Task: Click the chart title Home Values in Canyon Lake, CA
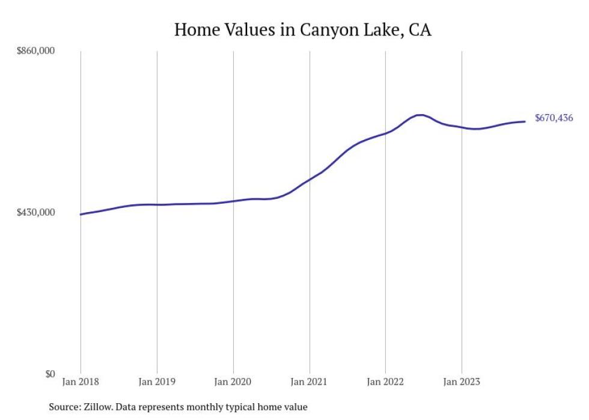302,29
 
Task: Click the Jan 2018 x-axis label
81,381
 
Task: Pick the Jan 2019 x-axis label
157,381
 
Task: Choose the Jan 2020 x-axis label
233,381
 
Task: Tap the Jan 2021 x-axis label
310,381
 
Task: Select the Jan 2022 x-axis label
385,381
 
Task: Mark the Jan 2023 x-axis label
462,381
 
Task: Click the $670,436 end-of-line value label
554,118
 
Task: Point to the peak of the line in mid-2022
420,115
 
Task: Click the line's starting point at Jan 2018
81,214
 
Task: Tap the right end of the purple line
525,121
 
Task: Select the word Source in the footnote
64,407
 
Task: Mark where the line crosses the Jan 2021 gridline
310,178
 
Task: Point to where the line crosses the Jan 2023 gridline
462,127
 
